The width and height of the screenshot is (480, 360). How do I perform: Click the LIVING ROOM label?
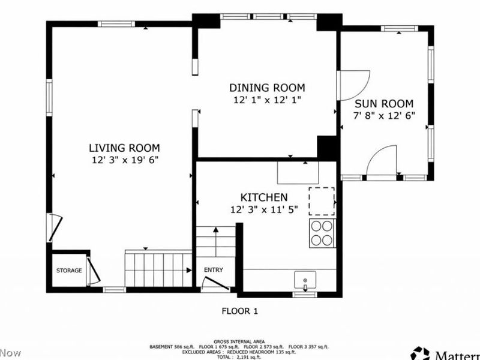pyautogui.click(x=124, y=148)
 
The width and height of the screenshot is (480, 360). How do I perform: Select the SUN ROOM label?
pyautogui.click(x=385, y=103)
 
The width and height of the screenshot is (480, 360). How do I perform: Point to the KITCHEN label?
pyautogui.click(x=264, y=197)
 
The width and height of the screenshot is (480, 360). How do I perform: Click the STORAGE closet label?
pyautogui.click(x=69, y=271)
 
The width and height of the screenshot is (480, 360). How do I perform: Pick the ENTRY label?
pyautogui.click(x=213, y=270)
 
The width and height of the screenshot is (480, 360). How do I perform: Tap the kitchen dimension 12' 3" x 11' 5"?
pyautogui.click(x=264, y=209)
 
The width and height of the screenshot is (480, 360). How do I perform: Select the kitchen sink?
pyautogui.click(x=305, y=279)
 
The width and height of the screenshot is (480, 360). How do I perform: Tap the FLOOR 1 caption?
pyautogui.click(x=239, y=311)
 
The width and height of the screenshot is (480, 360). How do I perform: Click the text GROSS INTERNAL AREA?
pyautogui.click(x=240, y=341)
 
